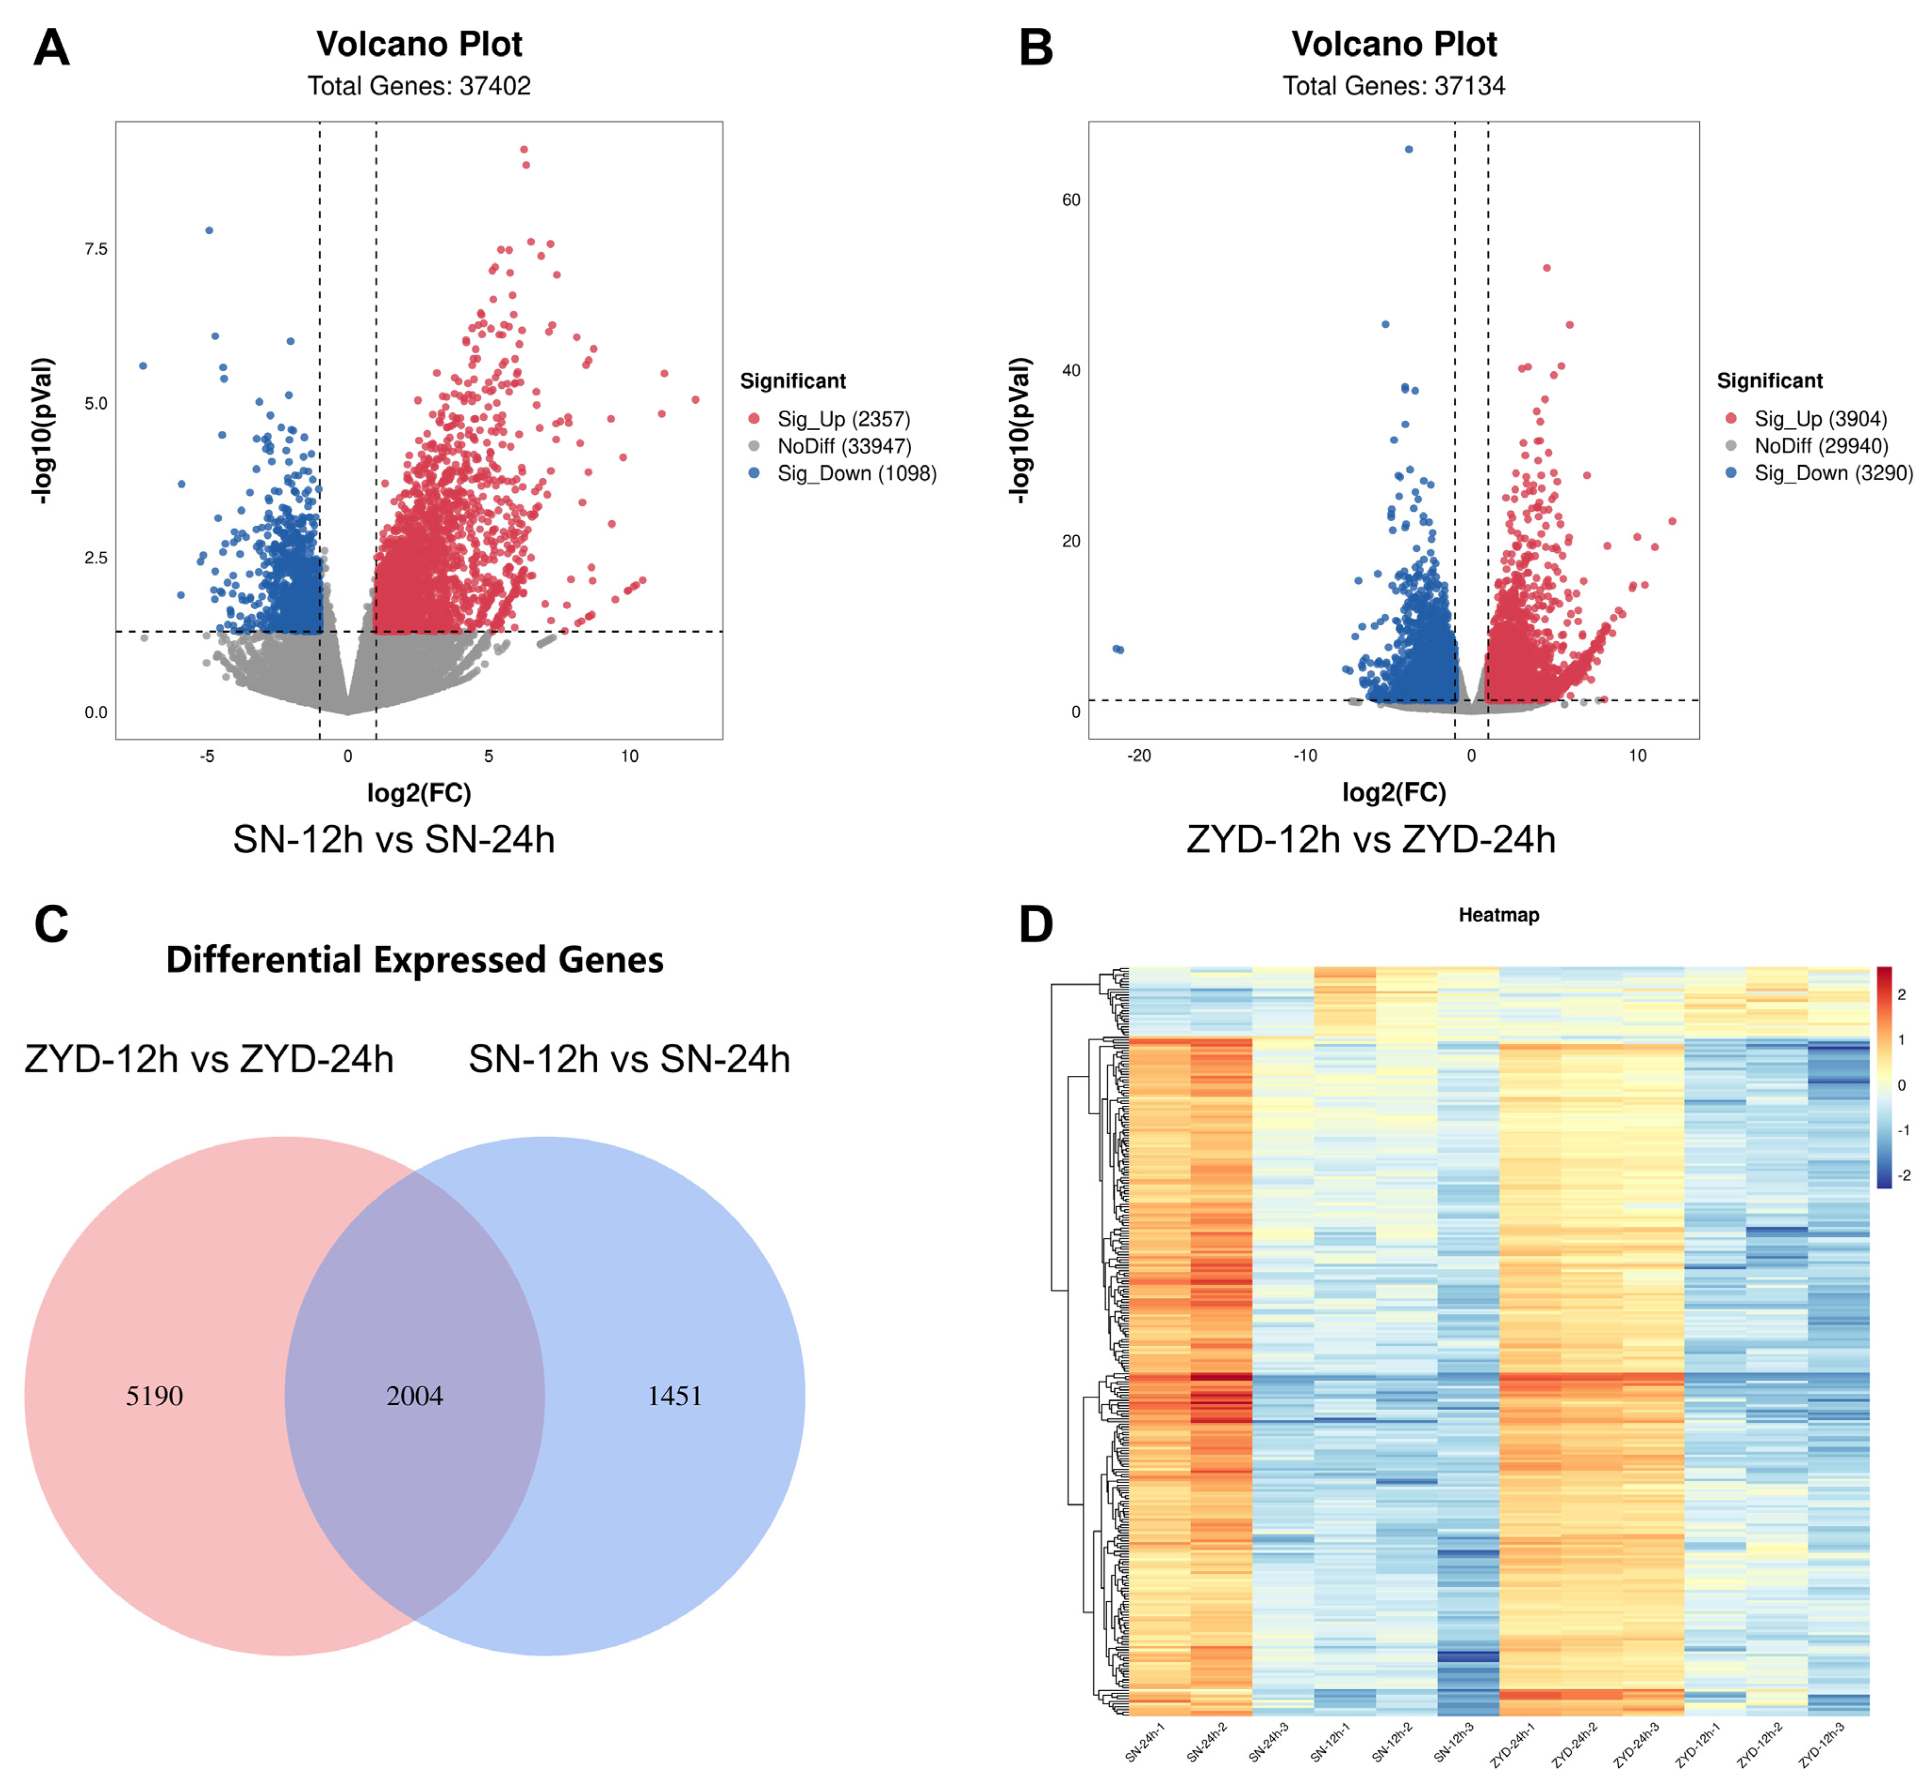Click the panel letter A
[x=51, y=47]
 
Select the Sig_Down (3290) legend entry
[x=1832, y=473]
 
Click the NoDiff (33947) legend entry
[x=843, y=446]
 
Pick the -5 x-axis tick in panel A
[x=206, y=756]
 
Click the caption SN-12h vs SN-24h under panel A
[x=394, y=839]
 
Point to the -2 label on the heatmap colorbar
[x=1903, y=1175]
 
